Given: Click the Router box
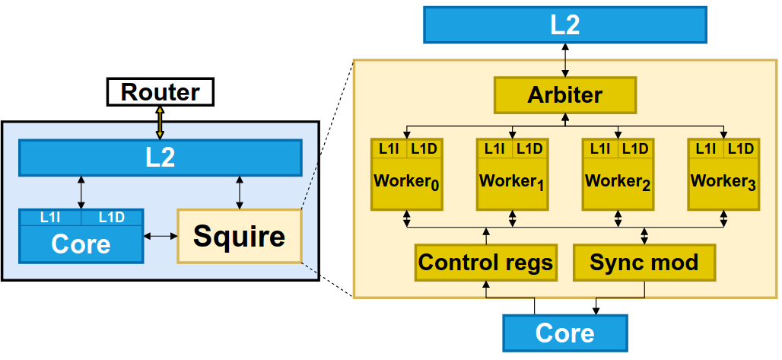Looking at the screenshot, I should click(x=160, y=93).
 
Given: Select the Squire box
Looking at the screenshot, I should click(x=240, y=236).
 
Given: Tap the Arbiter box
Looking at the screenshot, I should click(x=564, y=95).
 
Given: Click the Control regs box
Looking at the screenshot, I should click(x=485, y=263).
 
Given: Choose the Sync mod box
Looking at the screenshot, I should click(x=644, y=263).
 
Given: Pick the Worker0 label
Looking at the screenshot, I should click(x=406, y=183).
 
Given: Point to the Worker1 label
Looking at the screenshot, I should click(x=512, y=183).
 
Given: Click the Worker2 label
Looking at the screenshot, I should click(x=618, y=183).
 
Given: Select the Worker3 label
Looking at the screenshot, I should click(x=723, y=183).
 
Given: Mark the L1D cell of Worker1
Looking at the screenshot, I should click(x=529, y=148).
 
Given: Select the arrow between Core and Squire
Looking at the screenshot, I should click(x=161, y=237).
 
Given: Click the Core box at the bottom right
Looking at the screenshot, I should click(x=564, y=333).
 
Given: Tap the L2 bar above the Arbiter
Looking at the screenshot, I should click(x=564, y=24).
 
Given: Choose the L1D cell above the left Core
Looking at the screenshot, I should click(x=112, y=218).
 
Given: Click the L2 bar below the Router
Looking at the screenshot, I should click(x=160, y=158).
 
